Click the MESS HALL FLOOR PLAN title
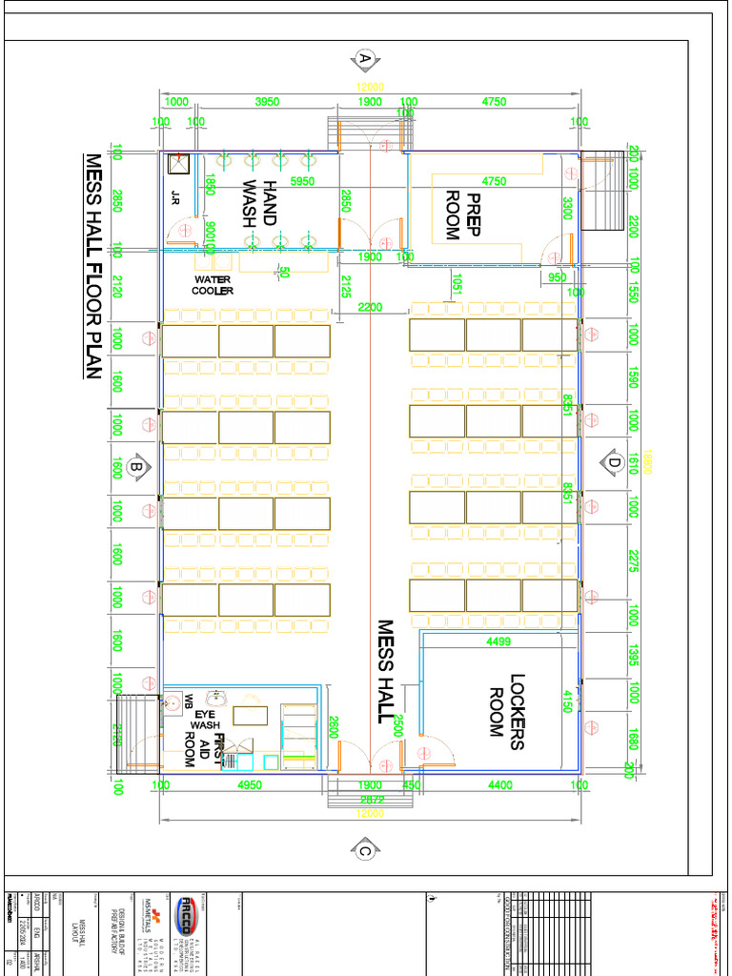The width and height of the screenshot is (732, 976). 92,266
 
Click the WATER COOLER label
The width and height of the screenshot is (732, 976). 213,285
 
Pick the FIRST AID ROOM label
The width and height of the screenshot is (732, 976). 204,751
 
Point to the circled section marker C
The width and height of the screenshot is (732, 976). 364,849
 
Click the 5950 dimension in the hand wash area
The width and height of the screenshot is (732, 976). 302,181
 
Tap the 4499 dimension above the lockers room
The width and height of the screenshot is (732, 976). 498,642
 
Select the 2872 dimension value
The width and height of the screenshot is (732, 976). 373,799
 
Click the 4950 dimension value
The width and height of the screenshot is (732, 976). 249,785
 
